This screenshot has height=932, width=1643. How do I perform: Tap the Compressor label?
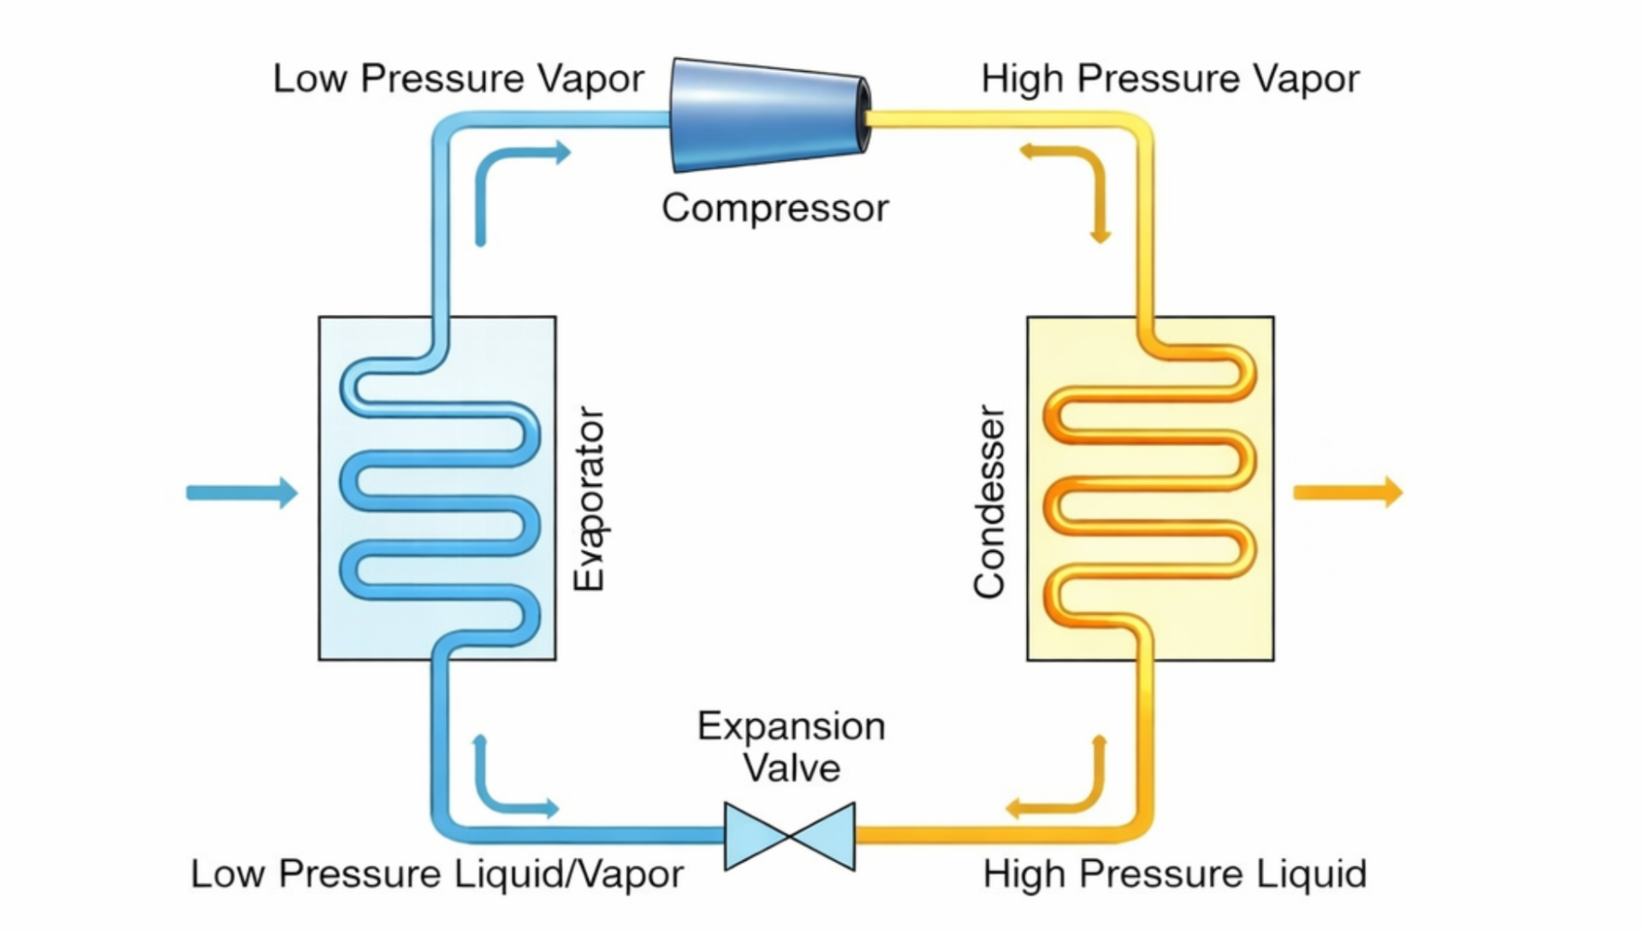pyautogui.click(x=775, y=208)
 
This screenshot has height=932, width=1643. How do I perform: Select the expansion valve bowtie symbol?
pyautogui.click(x=789, y=836)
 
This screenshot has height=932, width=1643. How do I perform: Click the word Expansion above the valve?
pyautogui.click(x=791, y=727)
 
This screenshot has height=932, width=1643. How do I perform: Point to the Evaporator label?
pyautogui.click(x=589, y=499)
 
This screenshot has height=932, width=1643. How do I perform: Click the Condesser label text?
pyautogui.click(x=989, y=502)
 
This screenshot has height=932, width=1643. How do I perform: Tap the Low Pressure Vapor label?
pyautogui.click(x=458, y=79)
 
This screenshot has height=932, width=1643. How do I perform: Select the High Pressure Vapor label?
pyautogui.click(x=1169, y=79)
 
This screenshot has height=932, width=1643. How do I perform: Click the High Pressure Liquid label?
pyautogui.click(x=1174, y=874)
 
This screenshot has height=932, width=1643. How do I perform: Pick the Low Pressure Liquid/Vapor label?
pyautogui.click(x=436, y=874)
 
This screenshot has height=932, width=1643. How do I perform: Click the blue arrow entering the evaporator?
pyautogui.click(x=242, y=492)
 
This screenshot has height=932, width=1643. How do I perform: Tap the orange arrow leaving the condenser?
pyautogui.click(x=1348, y=492)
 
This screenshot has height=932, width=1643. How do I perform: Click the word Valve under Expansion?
pyautogui.click(x=791, y=768)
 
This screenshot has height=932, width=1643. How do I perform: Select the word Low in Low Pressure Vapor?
pyautogui.click(x=310, y=79)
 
